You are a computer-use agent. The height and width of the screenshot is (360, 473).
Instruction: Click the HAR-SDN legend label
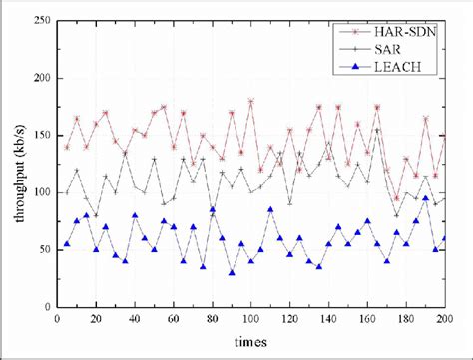pyautogui.click(x=403, y=34)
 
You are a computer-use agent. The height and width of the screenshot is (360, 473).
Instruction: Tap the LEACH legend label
pyautogui.click(x=395, y=69)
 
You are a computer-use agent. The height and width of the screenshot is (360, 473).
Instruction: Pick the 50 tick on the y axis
pyautogui.click(x=43, y=250)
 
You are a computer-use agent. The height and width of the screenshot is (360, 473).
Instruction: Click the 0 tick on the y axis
pyautogui.click(x=46, y=307)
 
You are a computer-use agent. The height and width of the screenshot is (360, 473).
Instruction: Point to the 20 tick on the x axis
pyautogui.click(x=96, y=320)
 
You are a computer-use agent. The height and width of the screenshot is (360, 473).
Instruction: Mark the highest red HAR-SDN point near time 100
pyautogui.click(x=250, y=101)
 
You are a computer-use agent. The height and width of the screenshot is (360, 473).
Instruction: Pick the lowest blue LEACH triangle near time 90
pyautogui.click(x=232, y=272)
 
